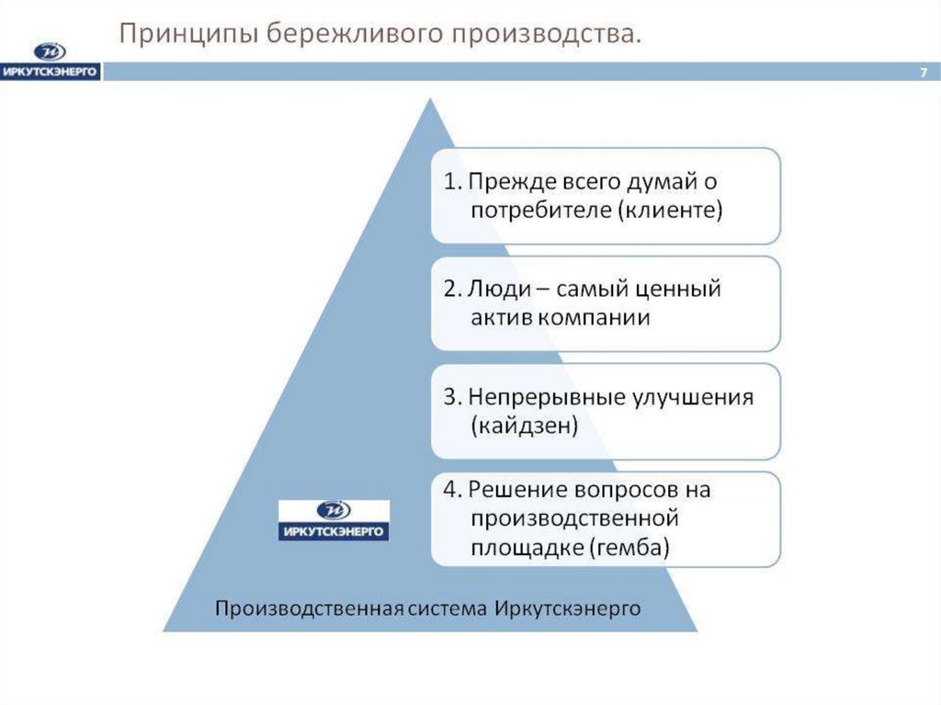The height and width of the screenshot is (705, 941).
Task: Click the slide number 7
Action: point(923,73)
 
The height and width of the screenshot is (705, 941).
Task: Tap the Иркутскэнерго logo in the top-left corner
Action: point(51,63)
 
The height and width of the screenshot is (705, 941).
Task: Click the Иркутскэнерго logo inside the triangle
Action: point(334,520)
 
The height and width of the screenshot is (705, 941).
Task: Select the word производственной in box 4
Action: point(574,519)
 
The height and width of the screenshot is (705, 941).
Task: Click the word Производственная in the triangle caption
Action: point(309,608)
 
